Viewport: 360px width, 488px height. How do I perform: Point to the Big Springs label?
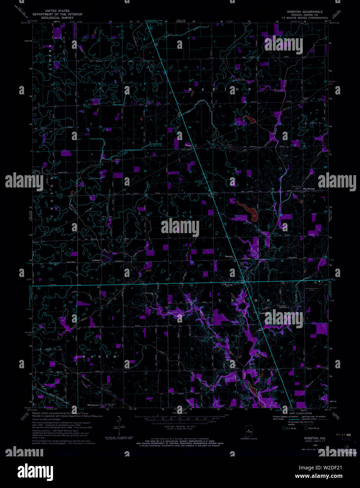(309, 189)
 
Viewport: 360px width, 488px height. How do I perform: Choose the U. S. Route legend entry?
(291, 428)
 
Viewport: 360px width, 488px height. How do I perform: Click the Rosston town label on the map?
(229, 257)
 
